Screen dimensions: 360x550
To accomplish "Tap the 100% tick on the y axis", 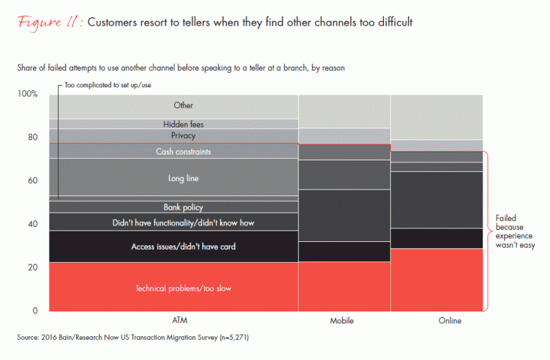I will click(27, 94).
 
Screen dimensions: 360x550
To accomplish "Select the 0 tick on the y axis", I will click(35, 311).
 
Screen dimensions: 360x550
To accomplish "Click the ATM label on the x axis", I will click(173, 321).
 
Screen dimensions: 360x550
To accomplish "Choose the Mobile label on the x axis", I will click(343, 321).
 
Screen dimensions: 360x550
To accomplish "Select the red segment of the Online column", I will click(435, 279).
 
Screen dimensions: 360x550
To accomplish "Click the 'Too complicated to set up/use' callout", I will click(107, 85).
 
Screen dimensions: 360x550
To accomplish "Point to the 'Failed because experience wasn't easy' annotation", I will click(515, 231).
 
